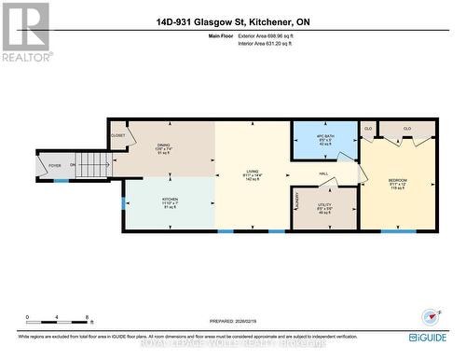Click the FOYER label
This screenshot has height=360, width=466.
coord(55,166)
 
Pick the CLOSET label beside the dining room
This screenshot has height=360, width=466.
coord(117,135)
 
